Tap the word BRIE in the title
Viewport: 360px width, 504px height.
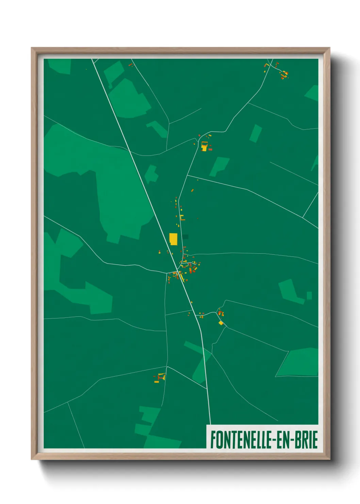pos(305,440)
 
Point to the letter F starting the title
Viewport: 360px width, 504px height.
pos(213,440)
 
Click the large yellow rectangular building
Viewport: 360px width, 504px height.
pos(173,239)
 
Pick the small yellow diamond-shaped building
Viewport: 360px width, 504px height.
pos(221,322)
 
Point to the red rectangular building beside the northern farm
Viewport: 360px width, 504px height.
pos(210,149)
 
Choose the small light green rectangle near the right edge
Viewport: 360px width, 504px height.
pos(309,295)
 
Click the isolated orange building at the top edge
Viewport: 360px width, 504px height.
pos(130,64)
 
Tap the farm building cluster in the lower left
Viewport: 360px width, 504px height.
pos(160,377)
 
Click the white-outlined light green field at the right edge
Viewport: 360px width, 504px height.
pos(298,362)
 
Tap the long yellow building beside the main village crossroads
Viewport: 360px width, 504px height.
pos(181,276)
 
